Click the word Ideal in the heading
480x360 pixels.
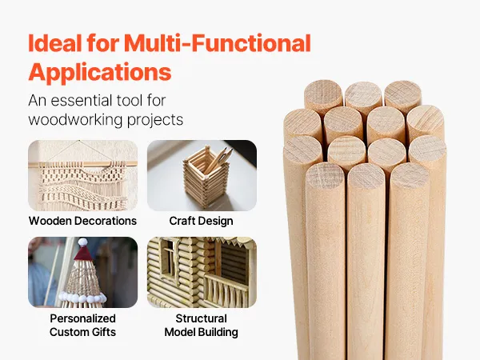coord(55,42)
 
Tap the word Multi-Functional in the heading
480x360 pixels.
coord(218,42)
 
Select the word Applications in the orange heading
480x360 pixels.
coord(100,73)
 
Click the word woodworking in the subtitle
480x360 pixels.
coord(76,119)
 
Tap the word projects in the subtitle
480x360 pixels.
coord(155,120)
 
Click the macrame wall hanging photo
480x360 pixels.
coord(82,175)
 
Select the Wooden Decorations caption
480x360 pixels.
coord(82,221)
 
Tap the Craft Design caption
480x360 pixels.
coord(201,221)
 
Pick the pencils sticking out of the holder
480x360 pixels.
coord(218,160)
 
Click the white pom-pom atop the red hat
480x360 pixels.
coord(82,242)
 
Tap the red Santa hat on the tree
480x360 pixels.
coord(82,252)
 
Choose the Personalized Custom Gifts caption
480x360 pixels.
coord(82,325)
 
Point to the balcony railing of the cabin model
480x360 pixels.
coord(226,290)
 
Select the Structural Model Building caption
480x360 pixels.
coord(201,325)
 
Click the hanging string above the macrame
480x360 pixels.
coord(79,151)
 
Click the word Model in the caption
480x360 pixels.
coord(180,332)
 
